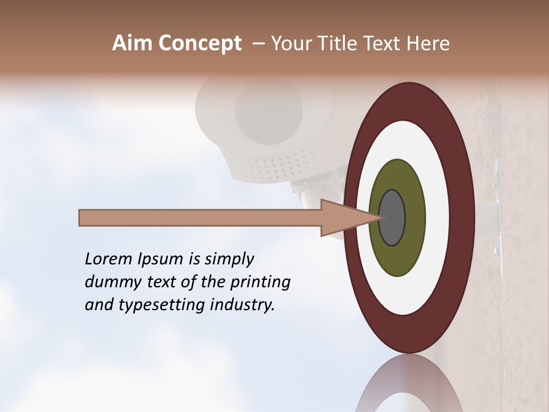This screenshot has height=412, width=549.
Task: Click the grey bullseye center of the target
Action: (392, 217)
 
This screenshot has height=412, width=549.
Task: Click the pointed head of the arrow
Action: (343, 217)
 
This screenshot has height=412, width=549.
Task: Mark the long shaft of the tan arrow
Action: (200, 217)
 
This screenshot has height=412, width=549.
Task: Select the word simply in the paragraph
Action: (228, 259)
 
